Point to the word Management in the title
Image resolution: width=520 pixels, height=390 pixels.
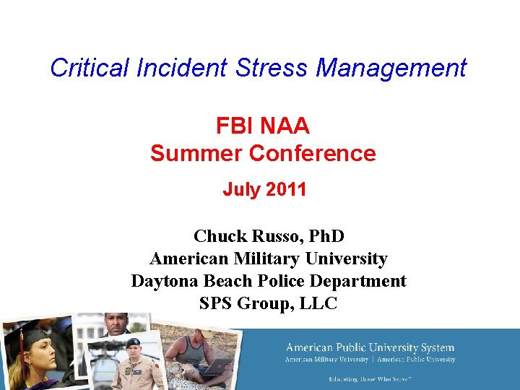[391, 68]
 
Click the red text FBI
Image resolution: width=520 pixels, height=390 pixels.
[233, 126]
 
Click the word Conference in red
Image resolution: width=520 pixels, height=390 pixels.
[312, 153]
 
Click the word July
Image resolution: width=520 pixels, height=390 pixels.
[240, 190]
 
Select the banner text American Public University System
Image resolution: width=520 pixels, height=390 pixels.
[370, 348]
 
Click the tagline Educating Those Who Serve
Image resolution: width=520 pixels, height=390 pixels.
[370, 378]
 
